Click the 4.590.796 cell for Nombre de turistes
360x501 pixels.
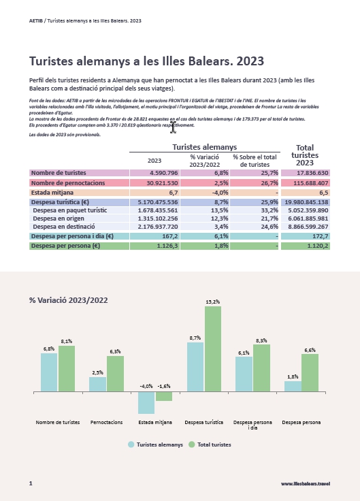(155, 173)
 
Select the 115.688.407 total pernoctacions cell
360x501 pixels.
(306, 183)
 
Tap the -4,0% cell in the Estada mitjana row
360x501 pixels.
(205, 193)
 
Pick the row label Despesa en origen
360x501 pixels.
(59, 219)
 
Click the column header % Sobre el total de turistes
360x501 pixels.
(255, 161)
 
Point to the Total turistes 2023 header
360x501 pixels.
(305, 155)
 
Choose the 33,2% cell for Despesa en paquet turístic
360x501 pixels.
(255, 210)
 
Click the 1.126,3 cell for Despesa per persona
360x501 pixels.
(155, 246)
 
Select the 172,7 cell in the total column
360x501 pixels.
(306, 236)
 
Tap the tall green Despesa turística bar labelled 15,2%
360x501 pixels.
(213, 349)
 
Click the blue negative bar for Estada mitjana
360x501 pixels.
(146, 402)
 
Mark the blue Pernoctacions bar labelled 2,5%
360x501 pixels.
(97, 385)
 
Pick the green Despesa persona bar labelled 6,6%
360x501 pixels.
(310, 373)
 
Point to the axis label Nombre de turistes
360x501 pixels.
(58, 423)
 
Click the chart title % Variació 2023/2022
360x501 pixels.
(68, 300)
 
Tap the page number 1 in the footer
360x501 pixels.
(31, 483)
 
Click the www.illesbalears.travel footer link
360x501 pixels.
(306, 484)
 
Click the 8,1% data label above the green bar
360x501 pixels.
(67, 341)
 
